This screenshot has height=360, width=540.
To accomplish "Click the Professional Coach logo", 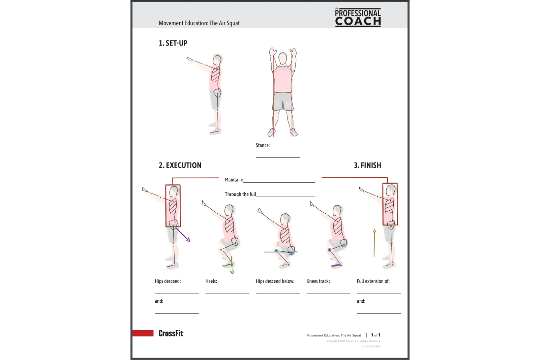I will [358, 18].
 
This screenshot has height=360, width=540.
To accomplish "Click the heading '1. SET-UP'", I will [173, 43].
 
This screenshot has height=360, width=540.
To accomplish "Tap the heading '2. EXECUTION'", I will [180, 165].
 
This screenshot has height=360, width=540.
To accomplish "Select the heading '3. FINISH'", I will [367, 165].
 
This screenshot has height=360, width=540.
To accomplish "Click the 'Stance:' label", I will [263, 145].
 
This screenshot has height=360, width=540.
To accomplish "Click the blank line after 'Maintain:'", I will [279, 181].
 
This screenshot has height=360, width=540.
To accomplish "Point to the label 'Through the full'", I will [240, 194].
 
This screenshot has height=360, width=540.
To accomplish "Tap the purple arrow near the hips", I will [183, 235].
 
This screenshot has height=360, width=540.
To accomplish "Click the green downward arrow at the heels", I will [232, 266].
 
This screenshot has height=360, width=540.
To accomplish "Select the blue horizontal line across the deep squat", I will [281, 252].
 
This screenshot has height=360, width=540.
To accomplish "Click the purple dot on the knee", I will [329, 250].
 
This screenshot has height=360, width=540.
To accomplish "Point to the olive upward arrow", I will [374, 243].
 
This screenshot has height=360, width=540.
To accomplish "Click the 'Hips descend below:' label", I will [275, 281].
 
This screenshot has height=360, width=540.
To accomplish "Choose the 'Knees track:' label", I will [318, 281].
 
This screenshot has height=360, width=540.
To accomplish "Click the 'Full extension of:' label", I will [373, 281].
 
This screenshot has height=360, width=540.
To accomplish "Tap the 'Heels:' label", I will [211, 281].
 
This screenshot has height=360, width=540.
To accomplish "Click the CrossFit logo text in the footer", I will [171, 333].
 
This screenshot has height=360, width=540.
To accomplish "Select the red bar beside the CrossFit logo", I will [143, 333].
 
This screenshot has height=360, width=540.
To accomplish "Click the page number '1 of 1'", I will [376, 335].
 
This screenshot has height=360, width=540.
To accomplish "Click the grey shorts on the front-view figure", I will [283, 101].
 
